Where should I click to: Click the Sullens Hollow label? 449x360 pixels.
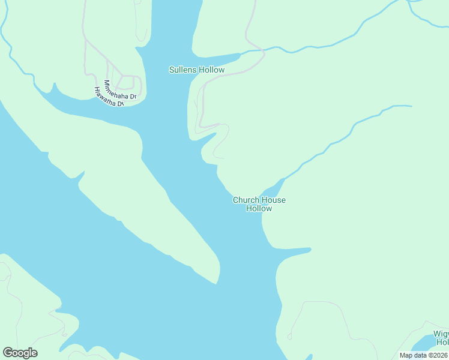[x=196, y=70]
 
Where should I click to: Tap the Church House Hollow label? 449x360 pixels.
[x=259, y=204]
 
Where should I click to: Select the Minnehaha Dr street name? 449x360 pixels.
[x=120, y=89]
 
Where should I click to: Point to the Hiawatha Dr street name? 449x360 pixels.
[x=109, y=97]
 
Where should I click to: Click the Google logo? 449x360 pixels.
[x=20, y=353]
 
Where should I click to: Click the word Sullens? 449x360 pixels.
[x=183, y=70]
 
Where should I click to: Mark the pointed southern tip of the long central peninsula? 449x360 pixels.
[x=216, y=281]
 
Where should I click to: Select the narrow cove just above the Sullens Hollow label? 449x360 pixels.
[x=231, y=58]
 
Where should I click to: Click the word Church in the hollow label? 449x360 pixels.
[x=245, y=200]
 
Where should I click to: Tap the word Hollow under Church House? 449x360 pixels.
[x=259, y=209]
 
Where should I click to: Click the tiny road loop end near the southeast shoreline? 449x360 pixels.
[x=290, y=337]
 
